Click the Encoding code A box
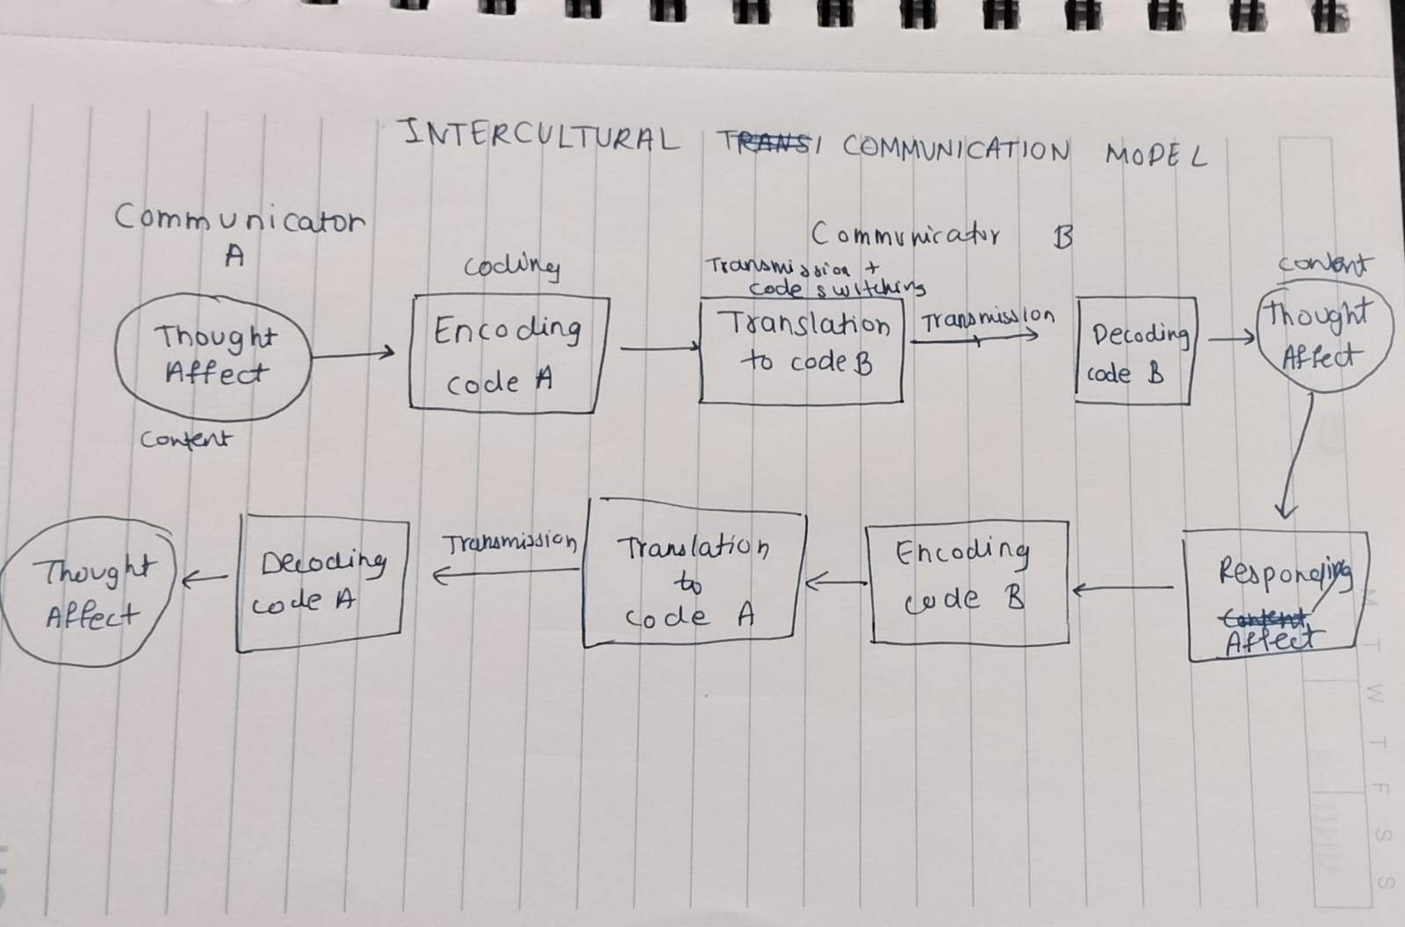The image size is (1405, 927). tap(508, 353)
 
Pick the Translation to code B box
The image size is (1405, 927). tap(801, 350)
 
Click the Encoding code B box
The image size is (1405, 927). tap(967, 581)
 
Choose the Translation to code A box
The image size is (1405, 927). tap(693, 573)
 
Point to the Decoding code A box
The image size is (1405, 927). tap(322, 581)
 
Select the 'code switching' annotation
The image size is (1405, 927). tap(837, 288)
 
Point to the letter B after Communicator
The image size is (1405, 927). tap(1062, 237)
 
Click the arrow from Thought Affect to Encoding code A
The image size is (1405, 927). tap(352, 355)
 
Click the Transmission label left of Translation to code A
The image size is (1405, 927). tap(508, 543)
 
